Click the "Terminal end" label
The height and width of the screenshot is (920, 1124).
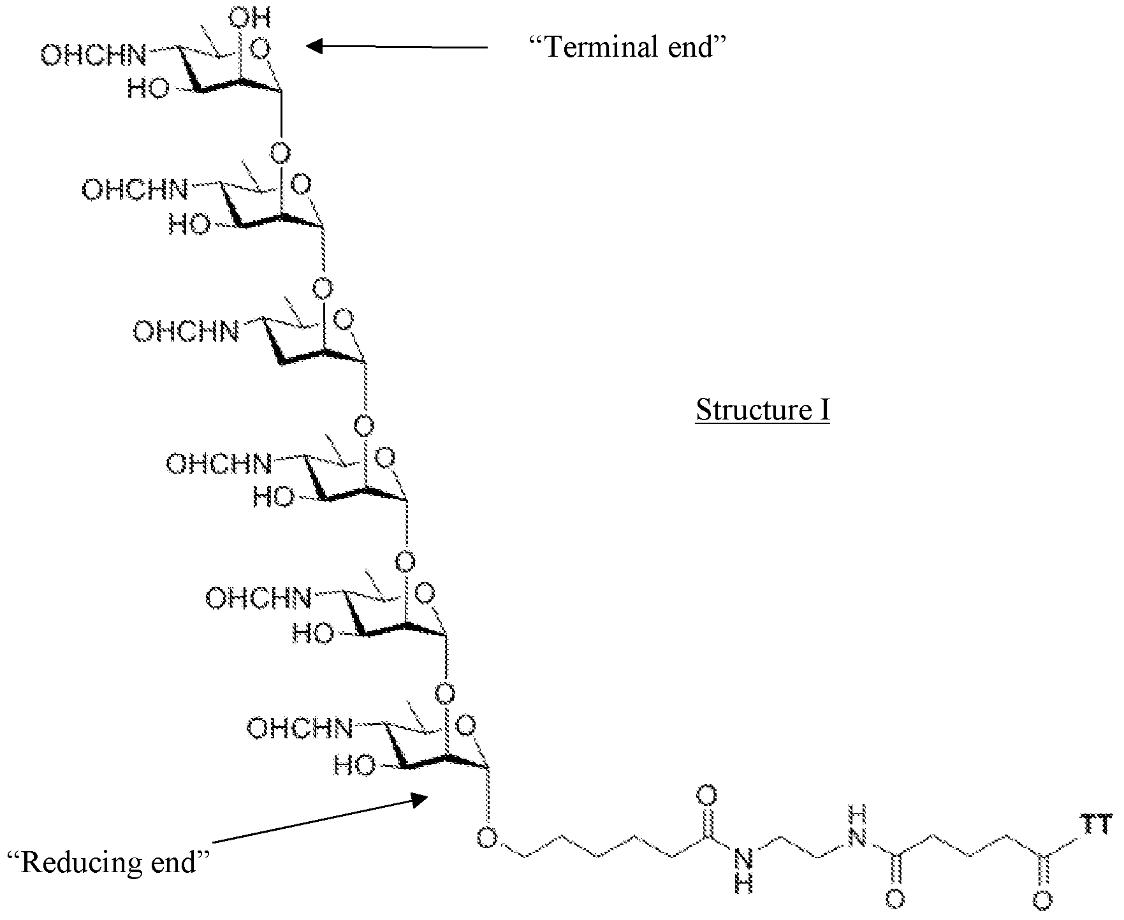coord(629,47)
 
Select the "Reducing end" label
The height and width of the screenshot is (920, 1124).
coord(108,862)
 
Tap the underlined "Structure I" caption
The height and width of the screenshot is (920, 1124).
coord(763,409)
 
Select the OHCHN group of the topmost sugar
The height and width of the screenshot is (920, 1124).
coord(93,55)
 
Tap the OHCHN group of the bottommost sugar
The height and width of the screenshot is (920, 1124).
coord(300,728)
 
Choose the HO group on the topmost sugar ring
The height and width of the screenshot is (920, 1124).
coord(149,88)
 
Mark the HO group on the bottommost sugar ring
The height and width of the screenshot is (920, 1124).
coord(354,765)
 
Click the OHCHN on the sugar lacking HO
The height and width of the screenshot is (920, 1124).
coord(186,332)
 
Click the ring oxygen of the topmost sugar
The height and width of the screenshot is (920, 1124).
coord(259,49)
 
